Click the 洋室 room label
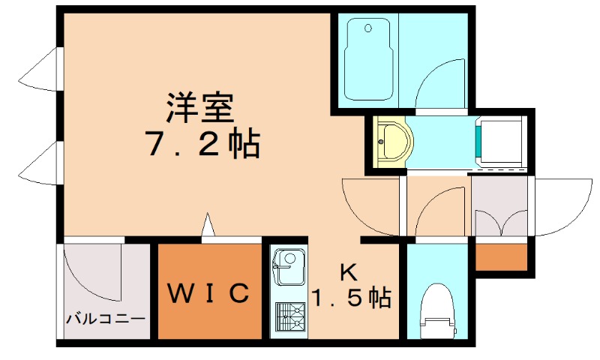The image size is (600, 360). tap(200, 107)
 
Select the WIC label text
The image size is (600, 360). tap(207, 293)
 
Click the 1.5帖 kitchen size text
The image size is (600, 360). tap(350, 298)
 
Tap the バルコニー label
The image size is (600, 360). tap(105, 319)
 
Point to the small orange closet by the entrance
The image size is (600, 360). tap(502, 257)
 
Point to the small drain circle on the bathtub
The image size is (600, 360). tap(368, 29)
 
